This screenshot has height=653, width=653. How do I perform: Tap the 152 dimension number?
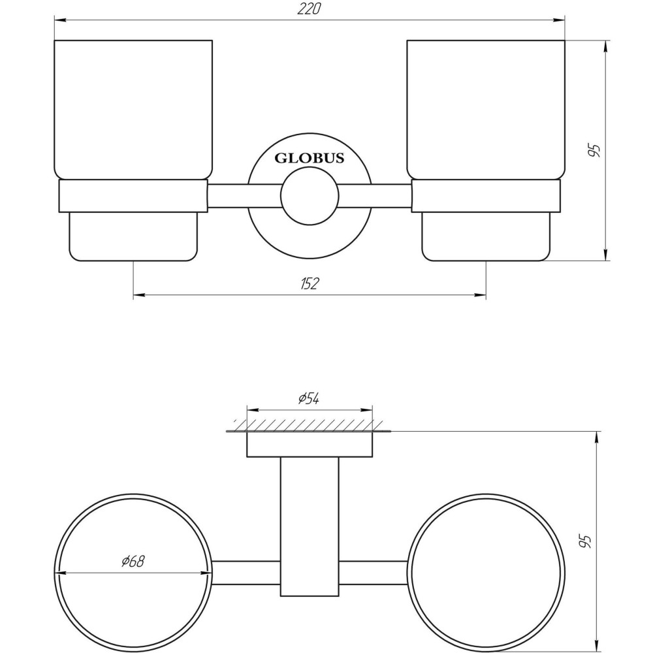pyautogui.click(x=310, y=283)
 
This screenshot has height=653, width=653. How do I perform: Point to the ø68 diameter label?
pyautogui.click(x=133, y=560)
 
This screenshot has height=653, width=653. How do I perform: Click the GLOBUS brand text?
pyautogui.click(x=309, y=158)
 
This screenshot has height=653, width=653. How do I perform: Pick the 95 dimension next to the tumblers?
pyautogui.click(x=594, y=151)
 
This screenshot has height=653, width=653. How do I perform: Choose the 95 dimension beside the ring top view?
pyautogui.click(x=585, y=540)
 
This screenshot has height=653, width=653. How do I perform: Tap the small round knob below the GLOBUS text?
pyautogui.click(x=309, y=195)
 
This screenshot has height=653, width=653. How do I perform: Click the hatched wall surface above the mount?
pyautogui.click(x=309, y=425)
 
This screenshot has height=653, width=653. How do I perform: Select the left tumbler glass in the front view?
pyautogui.click(x=133, y=108)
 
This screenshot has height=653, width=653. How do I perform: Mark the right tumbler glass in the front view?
pyautogui.click(x=485, y=108)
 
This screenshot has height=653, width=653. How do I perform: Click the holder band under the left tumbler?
pyautogui.click(x=133, y=196)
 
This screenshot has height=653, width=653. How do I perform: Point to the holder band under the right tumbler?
pyautogui.click(x=485, y=196)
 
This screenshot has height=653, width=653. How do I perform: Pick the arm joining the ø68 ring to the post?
pyautogui.click(x=246, y=572)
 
